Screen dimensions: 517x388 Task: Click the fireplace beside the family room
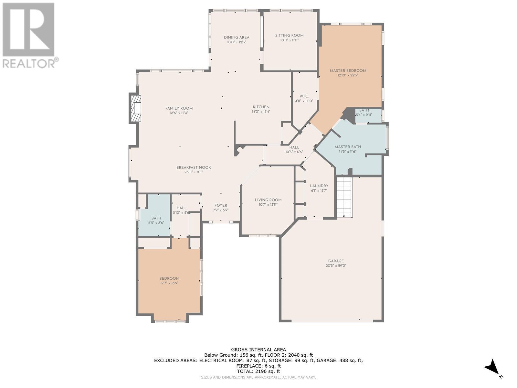coord(135,108)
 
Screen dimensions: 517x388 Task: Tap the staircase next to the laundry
coord(344,198)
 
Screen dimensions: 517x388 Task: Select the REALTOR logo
coord(30,36)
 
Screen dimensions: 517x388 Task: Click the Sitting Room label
coord(289,36)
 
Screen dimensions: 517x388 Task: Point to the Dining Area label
coord(237,38)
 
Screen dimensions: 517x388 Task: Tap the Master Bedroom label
coord(348,71)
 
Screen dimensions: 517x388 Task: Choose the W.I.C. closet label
coord(304,96)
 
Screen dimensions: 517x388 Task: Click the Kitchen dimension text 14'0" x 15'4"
coord(261,112)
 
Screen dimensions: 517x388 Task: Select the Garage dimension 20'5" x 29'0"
coord(336,265)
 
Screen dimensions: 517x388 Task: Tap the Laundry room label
coord(319,186)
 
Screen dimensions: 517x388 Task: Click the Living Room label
coord(268,200)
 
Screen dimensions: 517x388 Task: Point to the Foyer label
coord(221,205)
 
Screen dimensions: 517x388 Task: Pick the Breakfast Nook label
coord(194,167)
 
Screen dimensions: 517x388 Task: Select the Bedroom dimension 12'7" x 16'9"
coord(169,283)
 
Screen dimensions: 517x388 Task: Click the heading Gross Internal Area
coord(258,350)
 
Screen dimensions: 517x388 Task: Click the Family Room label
coord(179,109)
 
